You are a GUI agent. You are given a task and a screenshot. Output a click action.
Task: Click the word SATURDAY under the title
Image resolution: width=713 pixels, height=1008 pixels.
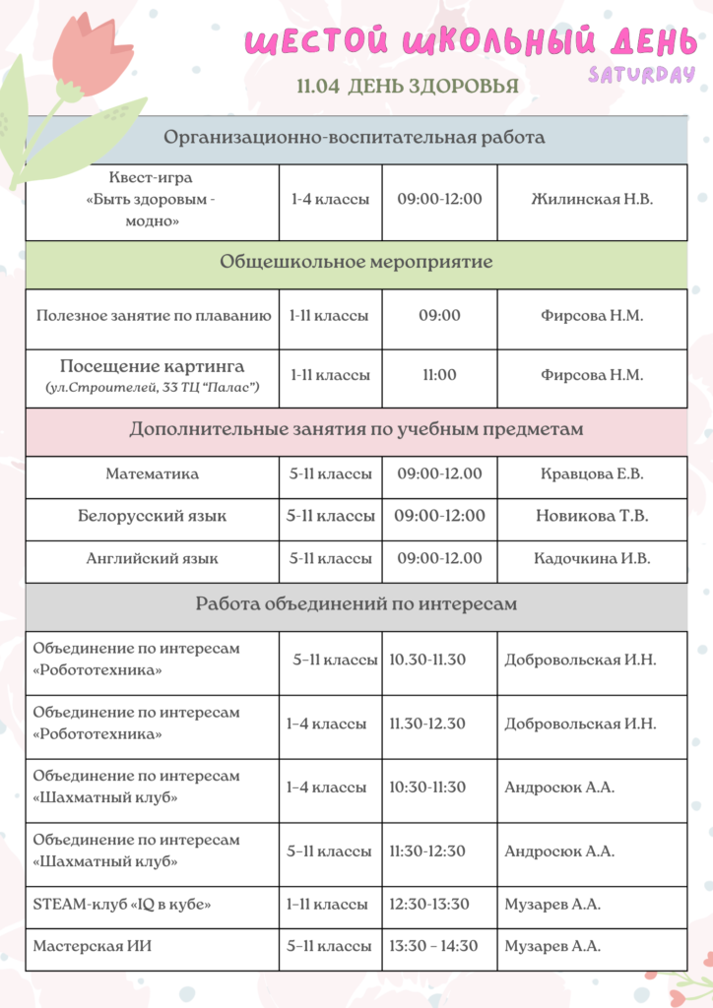(641, 75)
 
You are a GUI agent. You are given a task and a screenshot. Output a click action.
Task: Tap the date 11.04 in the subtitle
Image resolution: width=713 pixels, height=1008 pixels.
(318, 87)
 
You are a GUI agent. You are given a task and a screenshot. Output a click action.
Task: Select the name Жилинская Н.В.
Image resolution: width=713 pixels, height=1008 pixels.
(592, 199)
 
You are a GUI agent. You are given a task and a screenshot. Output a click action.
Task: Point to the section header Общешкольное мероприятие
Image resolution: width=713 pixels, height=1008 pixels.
(356, 263)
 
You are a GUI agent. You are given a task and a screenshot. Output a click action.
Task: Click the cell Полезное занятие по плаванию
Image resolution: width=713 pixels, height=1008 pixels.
(153, 316)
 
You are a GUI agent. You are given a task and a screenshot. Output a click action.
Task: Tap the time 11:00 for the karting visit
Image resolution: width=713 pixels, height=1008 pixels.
(439, 375)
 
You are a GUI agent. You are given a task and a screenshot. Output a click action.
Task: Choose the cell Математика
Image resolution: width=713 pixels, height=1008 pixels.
(153, 473)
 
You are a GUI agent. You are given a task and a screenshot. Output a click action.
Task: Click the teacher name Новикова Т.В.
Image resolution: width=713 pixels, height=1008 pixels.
(592, 516)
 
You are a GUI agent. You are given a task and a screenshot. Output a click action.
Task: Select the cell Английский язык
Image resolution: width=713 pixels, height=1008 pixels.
(153, 558)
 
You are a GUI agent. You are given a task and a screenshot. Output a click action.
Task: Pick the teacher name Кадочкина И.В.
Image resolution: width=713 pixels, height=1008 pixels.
(592, 558)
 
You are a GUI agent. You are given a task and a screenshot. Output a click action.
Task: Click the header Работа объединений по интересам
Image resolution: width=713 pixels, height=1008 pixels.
(356, 604)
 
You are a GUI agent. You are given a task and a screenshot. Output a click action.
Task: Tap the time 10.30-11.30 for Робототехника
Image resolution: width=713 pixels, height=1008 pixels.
(427, 660)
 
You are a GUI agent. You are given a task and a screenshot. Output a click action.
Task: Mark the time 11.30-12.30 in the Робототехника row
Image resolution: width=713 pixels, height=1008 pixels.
(427, 724)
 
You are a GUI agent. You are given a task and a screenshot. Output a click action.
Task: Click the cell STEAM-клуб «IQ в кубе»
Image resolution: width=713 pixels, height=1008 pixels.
(122, 904)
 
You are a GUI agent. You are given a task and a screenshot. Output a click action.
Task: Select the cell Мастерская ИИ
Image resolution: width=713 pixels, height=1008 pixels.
(93, 946)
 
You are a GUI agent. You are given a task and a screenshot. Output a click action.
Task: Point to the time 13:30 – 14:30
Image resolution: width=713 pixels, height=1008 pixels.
(433, 946)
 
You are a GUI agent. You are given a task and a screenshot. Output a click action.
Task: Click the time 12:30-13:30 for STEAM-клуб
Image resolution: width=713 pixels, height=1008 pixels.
(429, 904)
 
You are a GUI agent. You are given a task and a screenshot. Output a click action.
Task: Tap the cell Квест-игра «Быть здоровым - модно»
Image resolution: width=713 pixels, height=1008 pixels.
(153, 200)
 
